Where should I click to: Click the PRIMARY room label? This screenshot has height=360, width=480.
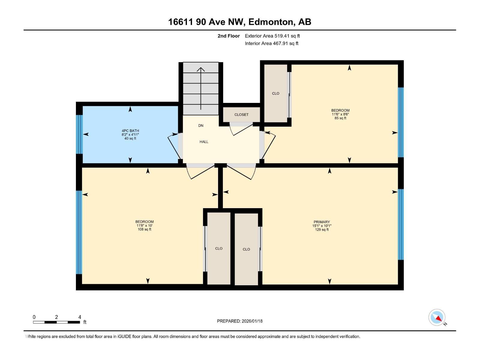[322, 222]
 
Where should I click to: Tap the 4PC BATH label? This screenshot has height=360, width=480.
[130, 131]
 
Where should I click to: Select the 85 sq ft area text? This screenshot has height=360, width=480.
[340, 118]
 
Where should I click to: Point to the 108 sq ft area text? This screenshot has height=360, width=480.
[144, 229]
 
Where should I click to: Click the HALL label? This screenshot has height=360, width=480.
[204, 142]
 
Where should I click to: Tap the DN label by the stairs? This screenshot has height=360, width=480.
[201, 126]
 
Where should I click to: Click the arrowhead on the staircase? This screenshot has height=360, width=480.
[201, 69]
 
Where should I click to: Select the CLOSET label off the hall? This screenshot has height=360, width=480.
[241, 115]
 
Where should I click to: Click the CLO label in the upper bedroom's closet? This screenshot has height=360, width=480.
[275, 94]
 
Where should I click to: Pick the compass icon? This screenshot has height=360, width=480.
[437, 317]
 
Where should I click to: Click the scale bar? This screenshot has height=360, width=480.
[56, 322]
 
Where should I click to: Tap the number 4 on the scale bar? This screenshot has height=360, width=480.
[79, 317]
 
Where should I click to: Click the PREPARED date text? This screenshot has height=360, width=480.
[240, 321]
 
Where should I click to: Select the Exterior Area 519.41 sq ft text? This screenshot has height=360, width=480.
[272, 36]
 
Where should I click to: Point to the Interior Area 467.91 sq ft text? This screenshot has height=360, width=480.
[271, 43]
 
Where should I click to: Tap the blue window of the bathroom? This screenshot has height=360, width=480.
[79, 134]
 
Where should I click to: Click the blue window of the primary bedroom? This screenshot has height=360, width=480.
[401, 224]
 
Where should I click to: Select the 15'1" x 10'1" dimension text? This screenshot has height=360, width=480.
[322, 226]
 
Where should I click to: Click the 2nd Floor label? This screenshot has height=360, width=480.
[229, 36]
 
